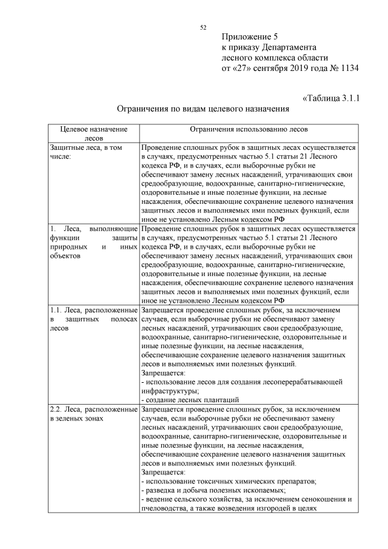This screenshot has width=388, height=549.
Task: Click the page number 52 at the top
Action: [x=204, y=27]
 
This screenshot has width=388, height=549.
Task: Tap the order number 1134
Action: [x=347, y=67]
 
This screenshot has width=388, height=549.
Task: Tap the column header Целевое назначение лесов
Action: [x=93, y=133]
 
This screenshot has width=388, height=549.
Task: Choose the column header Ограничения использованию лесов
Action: [x=249, y=129]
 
